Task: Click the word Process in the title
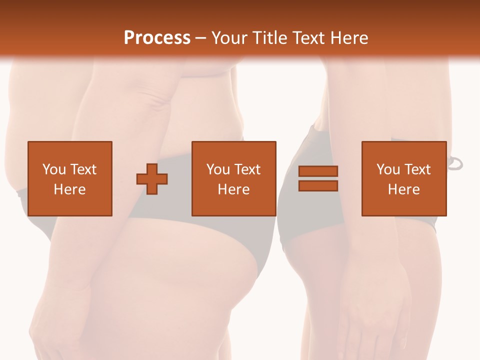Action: [x=157, y=38]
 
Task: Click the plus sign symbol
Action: [x=152, y=178]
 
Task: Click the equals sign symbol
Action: [x=318, y=178]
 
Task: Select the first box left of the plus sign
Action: [x=70, y=178]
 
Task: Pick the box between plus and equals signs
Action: [x=234, y=178]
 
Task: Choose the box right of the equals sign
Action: [x=404, y=178]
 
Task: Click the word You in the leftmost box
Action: [x=53, y=169]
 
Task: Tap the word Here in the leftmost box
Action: [x=70, y=189]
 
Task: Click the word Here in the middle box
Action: [x=234, y=189]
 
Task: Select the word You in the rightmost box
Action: [x=387, y=169]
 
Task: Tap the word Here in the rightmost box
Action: [x=404, y=189]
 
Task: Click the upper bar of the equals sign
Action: [x=318, y=171]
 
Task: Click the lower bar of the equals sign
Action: [x=318, y=185]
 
